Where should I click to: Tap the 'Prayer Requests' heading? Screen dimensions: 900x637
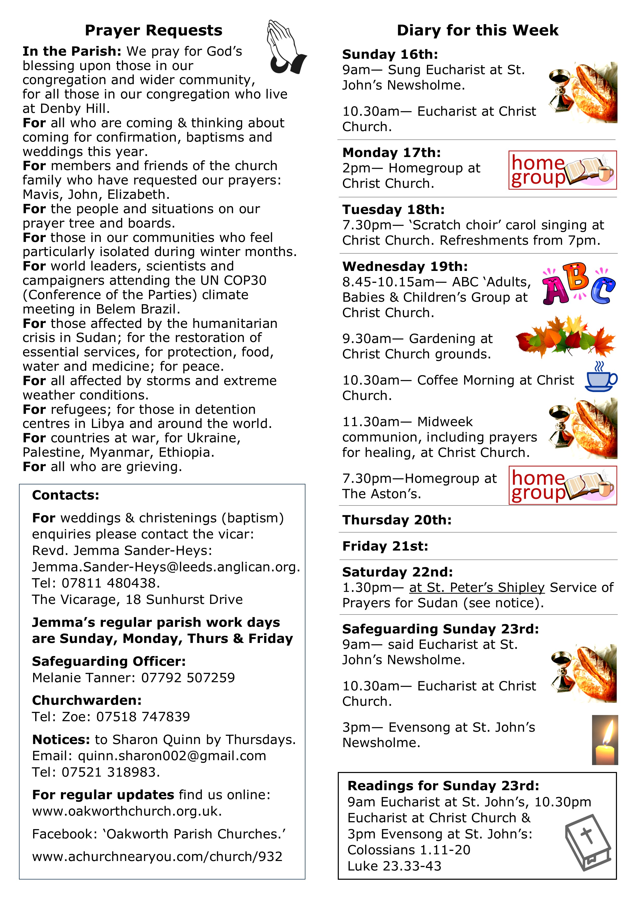click(153, 30)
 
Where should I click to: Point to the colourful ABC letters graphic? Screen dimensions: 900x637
click(578, 285)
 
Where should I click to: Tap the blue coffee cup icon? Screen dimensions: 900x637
click(601, 377)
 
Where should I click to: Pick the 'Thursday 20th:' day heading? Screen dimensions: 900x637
click(397, 520)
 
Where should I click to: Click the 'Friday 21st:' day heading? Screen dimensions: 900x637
click(385, 546)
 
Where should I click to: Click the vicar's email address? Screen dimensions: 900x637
click(166, 567)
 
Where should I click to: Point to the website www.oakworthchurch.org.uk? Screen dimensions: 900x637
click(127, 811)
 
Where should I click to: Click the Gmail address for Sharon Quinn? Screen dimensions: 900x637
click(172, 756)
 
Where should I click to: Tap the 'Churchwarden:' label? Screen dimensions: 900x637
click(87, 700)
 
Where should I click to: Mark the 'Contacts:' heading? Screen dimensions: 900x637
click(65, 495)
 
